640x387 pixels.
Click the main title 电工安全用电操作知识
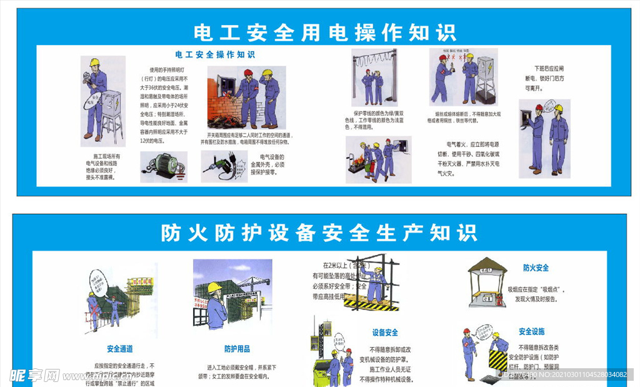[x=324, y=33]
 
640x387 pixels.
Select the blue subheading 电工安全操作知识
[x=215, y=55]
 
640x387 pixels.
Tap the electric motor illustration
[x=163, y=165]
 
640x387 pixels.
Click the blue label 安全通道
[x=119, y=349]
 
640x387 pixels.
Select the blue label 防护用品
[x=237, y=349]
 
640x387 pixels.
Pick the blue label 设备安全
[x=384, y=333]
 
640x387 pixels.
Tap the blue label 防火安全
[x=536, y=268]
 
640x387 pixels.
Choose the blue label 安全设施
[x=531, y=331]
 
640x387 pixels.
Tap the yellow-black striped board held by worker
[x=498, y=361]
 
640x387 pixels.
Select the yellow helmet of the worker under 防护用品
[x=214, y=287]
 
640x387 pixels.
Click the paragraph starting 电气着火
[x=468, y=159]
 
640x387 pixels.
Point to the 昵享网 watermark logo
[x=34, y=375]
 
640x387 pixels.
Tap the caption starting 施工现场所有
[x=102, y=166]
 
